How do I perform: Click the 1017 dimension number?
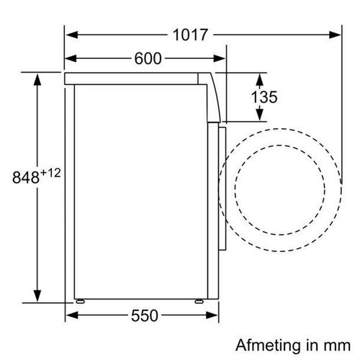click(190, 35)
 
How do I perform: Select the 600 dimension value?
click(148, 58)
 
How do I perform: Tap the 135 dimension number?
click(264, 97)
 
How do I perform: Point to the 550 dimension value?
click(145, 315)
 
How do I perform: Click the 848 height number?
click(26, 178)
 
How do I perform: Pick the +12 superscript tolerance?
click(50, 174)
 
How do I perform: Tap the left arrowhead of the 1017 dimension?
click(72, 35)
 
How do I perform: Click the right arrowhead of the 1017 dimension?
click(335, 35)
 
